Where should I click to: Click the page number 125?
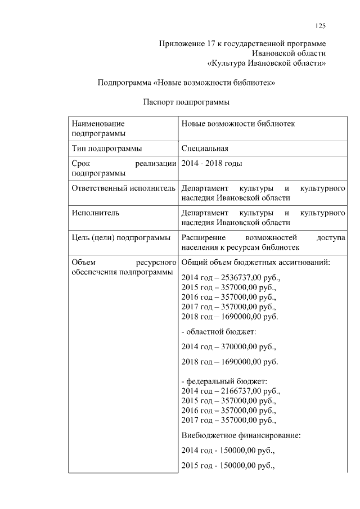pyautogui.click(x=321, y=25)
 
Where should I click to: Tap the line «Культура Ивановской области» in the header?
pyautogui.click(x=267, y=62)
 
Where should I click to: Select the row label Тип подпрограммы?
pyautogui.click(x=106, y=148)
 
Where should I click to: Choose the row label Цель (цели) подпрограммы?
pyautogui.click(x=121, y=238)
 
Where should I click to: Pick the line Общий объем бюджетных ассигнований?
pyautogui.click(x=255, y=263)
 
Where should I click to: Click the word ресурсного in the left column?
pyautogui.click(x=153, y=263)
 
